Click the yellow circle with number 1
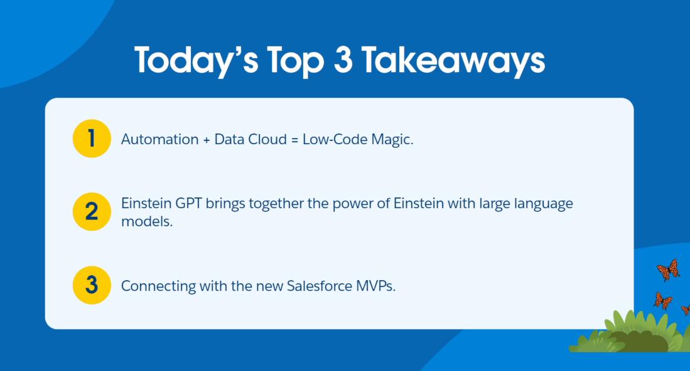click(92, 138)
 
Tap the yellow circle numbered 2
click(92, 212)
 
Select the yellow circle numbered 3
click(92, 285)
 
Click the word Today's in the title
click(197, 61)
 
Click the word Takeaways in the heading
click(453, 61)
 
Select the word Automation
click(159, 139)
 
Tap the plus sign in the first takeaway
click(207, 140)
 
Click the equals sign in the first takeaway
click(294, 140)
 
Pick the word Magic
click(392, 140)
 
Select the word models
click(147, 221)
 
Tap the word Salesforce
click(319, 286)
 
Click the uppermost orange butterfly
click(668, 269)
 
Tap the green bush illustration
click(629, 332)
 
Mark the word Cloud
click(267, 139)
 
